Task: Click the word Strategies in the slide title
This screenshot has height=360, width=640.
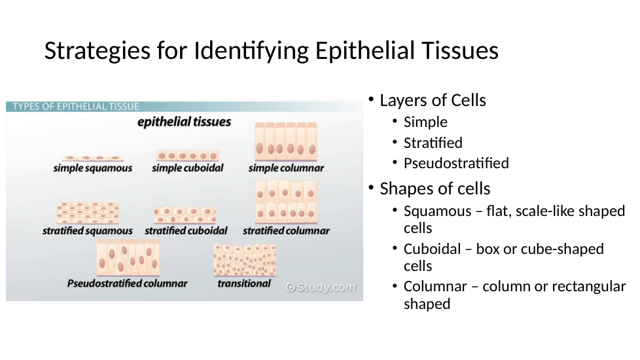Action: pos(97,52)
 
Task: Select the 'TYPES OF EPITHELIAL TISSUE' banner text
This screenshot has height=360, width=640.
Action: pos(76,107)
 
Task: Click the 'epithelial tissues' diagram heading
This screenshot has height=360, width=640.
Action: pos(184,122)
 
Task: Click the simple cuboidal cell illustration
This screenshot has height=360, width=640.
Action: pos(187,156)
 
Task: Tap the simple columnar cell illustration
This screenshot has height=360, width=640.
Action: pos(286,141)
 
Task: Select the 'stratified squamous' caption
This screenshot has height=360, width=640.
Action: pos(87,231)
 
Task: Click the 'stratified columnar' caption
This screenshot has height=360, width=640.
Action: pos(286,231)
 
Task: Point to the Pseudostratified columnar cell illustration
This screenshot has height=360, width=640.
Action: pos(128,257)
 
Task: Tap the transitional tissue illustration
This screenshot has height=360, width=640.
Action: pos(245,260)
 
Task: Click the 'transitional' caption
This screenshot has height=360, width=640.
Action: pos(244,283)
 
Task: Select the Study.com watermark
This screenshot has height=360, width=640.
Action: pos(321,287)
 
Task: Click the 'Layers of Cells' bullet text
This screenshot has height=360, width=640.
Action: pos(433,100)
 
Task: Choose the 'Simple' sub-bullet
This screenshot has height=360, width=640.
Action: pos(425,122)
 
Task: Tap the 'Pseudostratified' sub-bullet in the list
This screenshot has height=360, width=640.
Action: pos(456,163)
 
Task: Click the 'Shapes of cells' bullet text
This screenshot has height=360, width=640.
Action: pos(435,189)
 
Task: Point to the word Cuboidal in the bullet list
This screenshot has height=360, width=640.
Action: pos(433,249)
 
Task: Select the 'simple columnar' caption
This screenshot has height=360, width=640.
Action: pos(286,168)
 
